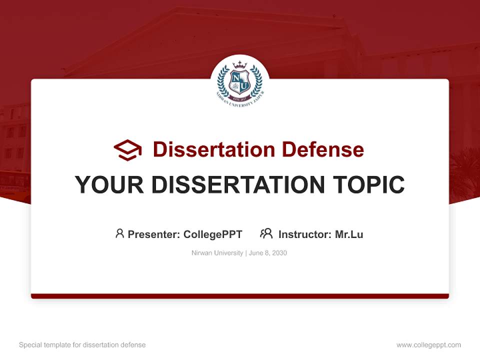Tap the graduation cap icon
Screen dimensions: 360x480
point(127,150)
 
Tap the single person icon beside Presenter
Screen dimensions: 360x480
point(119,233)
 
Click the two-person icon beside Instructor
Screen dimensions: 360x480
point(266,233)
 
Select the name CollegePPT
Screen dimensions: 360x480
point(213,234)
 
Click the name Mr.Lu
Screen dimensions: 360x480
point(349,234)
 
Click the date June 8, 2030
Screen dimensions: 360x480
point(268,253)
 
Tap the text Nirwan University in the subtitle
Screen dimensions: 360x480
point(217,253)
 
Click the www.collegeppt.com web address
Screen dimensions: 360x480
point(428,345)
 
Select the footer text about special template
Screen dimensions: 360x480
point(82,345)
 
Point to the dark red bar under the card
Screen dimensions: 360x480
point(240,296)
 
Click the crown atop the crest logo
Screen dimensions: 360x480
point(239,65)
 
